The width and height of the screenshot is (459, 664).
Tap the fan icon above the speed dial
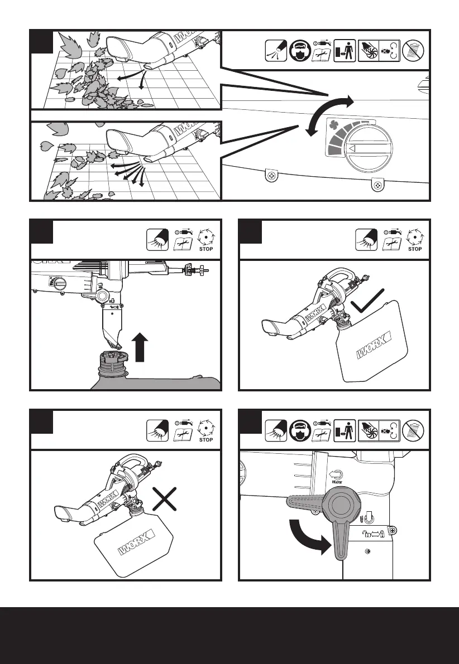coord(336,127)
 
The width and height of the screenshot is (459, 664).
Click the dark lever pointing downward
coord(340,537)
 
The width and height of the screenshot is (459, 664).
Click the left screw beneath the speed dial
coord(272,177)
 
